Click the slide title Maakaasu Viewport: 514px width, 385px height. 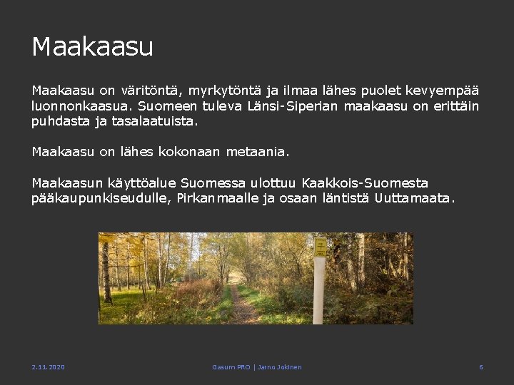(x=93, y=47)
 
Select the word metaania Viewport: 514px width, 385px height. (x=258, y=151)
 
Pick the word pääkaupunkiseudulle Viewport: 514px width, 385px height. (x=100, y=198)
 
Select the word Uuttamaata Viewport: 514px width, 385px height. (x=413, y=198)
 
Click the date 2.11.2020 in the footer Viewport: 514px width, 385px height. (x=48, y=367)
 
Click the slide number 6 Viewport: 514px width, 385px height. (x=480, y=367)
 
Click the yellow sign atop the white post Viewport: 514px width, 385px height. (x=321, y=247)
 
